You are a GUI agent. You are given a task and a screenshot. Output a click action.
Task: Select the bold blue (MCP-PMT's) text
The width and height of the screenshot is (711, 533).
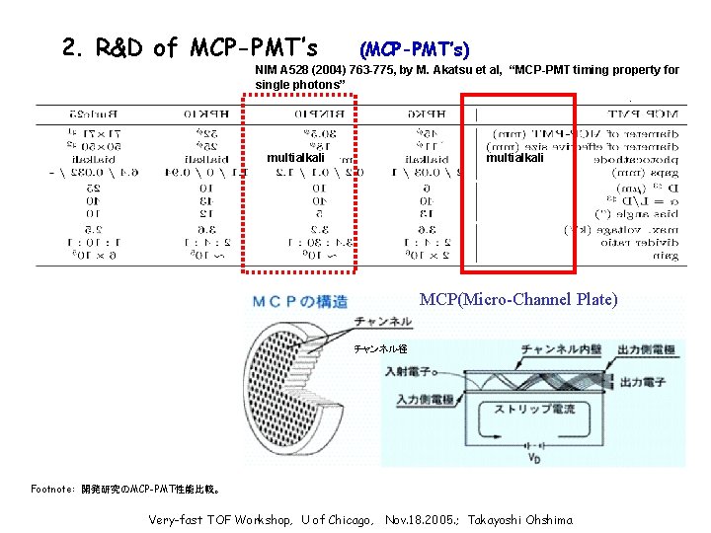[x=414, y=48]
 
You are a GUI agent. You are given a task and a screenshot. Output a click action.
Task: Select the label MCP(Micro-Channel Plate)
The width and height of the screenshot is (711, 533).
[x=518, y=298]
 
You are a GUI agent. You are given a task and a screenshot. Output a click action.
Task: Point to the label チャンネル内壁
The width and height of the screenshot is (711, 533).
[x=558, y=348]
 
